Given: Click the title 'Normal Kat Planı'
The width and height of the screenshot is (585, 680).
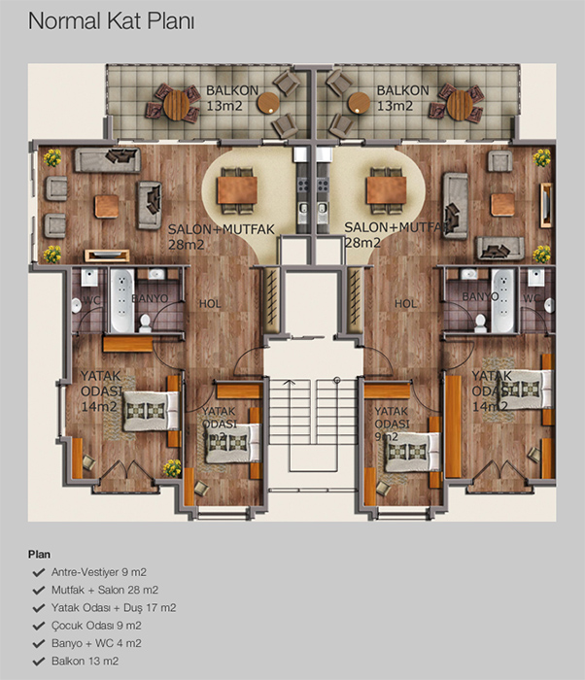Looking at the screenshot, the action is tap(111, 21).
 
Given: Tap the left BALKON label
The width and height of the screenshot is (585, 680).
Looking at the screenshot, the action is tap(232, 90).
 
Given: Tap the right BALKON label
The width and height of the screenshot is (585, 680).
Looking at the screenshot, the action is tap(402, 90).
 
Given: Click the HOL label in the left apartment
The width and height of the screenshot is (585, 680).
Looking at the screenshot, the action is tap(210, 303).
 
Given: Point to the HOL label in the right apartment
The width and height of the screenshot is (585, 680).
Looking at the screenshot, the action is tap(405, 303).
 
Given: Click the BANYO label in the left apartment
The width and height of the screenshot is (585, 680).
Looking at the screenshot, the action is tap(150, 298).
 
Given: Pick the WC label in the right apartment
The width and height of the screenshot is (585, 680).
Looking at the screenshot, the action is tap(532, 298).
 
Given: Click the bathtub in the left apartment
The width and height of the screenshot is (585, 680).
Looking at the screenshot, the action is tap(121, 300).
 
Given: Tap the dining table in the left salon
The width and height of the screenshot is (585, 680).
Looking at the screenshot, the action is tap(237, 190).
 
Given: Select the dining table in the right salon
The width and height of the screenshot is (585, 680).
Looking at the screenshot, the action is tap(386, 190).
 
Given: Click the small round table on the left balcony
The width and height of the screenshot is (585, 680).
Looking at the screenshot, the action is tap(268, 103).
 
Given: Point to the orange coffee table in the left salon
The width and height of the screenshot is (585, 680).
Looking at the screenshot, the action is tap(107, 206).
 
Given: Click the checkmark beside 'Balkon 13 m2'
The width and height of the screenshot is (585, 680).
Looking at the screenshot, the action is tap(39, 661).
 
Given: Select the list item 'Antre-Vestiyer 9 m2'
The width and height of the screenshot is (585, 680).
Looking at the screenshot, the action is tap(99, 572).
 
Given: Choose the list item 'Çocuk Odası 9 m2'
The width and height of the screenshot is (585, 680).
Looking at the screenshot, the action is tap(96, 626).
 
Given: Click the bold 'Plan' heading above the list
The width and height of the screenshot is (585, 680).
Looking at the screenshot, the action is tap(39, 555).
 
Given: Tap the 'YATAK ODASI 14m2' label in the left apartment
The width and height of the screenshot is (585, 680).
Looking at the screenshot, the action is tap(101, 391).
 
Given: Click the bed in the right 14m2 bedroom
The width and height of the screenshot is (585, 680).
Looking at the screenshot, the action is tap(525, 389).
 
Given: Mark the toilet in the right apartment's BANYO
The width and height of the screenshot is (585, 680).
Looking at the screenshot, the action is tap(480, 323).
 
